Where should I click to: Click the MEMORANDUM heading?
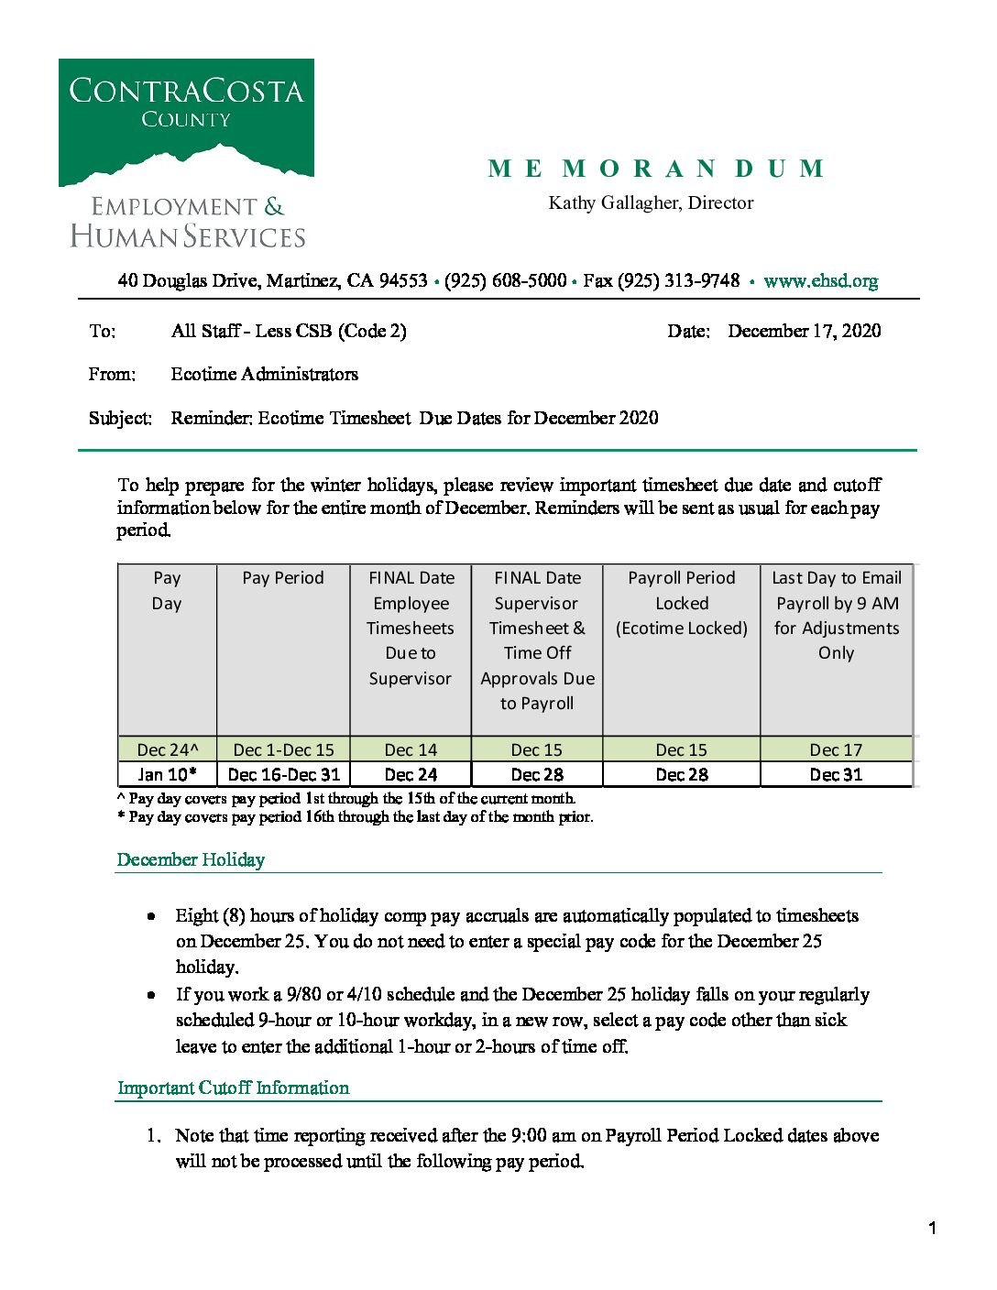point(656,169)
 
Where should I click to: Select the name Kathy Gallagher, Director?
point(651,202)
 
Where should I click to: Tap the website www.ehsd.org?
point(820,280)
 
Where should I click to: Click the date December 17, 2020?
point(804,331)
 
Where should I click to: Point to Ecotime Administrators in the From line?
point(264,374)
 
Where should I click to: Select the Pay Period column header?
point(283,578)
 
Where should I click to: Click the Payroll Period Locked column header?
point(682,602)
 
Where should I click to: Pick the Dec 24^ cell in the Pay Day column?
point(167,749)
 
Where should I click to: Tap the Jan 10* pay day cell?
point(167,774)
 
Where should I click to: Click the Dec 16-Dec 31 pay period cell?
point(283,774)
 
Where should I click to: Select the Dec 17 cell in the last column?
point(836,749)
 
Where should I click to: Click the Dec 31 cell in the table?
point(836,774)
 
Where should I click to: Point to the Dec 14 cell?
point(411,749)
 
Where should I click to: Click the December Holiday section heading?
point(191,859)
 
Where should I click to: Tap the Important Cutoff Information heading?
point(233,1088)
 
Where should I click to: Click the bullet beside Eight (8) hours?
point(151,916)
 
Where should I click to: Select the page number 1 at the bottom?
point(932,1229)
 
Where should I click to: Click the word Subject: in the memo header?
point(120,418)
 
